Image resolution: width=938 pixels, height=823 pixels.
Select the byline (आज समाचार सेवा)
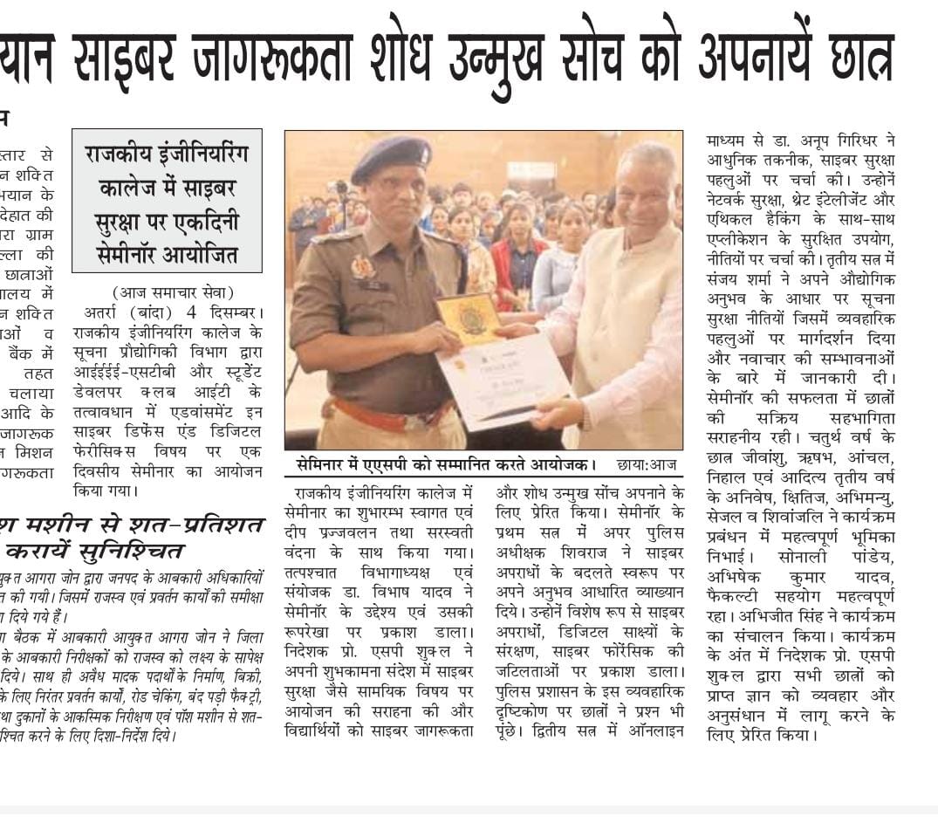174,292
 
